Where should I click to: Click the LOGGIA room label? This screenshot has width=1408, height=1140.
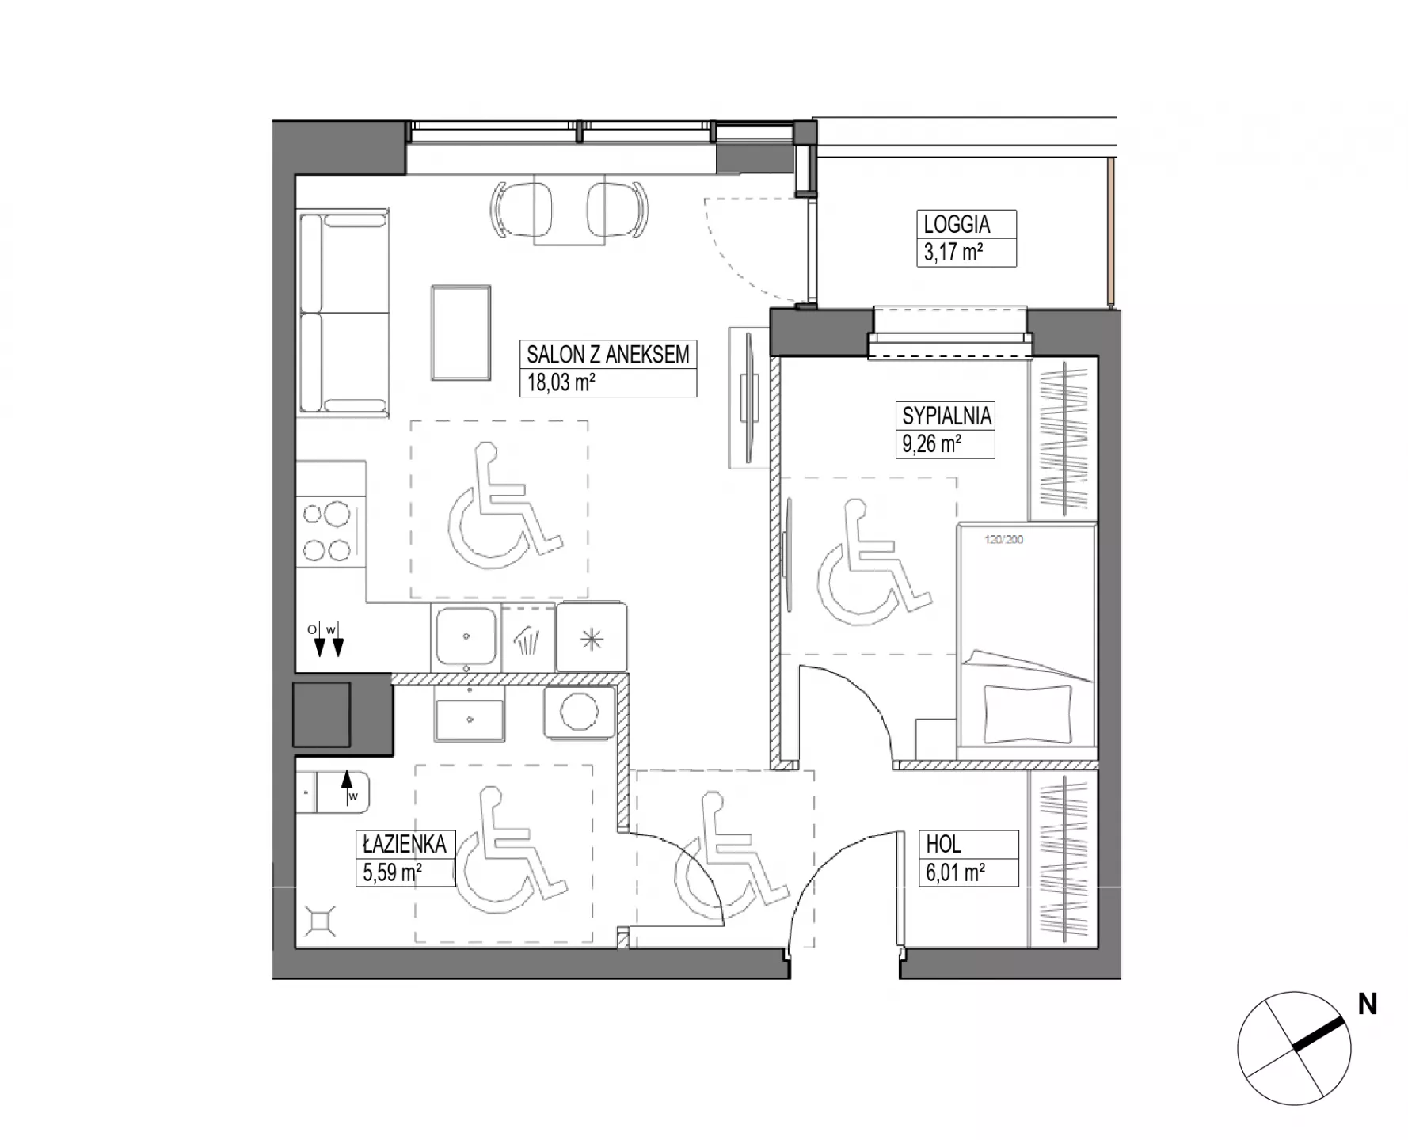click(x=957, y=224)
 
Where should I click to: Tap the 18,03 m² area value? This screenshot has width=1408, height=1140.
click(x=561, y=383)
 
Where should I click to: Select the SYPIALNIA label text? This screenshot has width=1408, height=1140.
click(x=946, y=416)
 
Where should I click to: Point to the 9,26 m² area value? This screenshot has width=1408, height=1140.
click(x=931, y=443)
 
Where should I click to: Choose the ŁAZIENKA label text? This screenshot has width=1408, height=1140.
click(x=405, y=844)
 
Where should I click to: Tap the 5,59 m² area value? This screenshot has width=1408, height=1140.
click(x=392, y=872)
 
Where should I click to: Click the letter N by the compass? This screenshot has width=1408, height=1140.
click(x=1367, y=1005)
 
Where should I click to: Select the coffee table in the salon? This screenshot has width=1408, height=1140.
click(x=461, y=332)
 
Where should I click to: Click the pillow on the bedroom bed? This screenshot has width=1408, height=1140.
click(x=1028, y=712)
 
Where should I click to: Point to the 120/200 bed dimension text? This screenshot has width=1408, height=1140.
click(x=1003, y=540)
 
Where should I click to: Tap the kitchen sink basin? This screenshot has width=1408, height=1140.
click(x=466, y=636)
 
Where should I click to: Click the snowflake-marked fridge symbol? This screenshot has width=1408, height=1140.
click(x=592, y=638)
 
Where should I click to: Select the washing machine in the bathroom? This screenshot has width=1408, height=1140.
click(x=579, y=712)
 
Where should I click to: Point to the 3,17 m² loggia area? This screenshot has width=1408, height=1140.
click(x=953, y=253)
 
